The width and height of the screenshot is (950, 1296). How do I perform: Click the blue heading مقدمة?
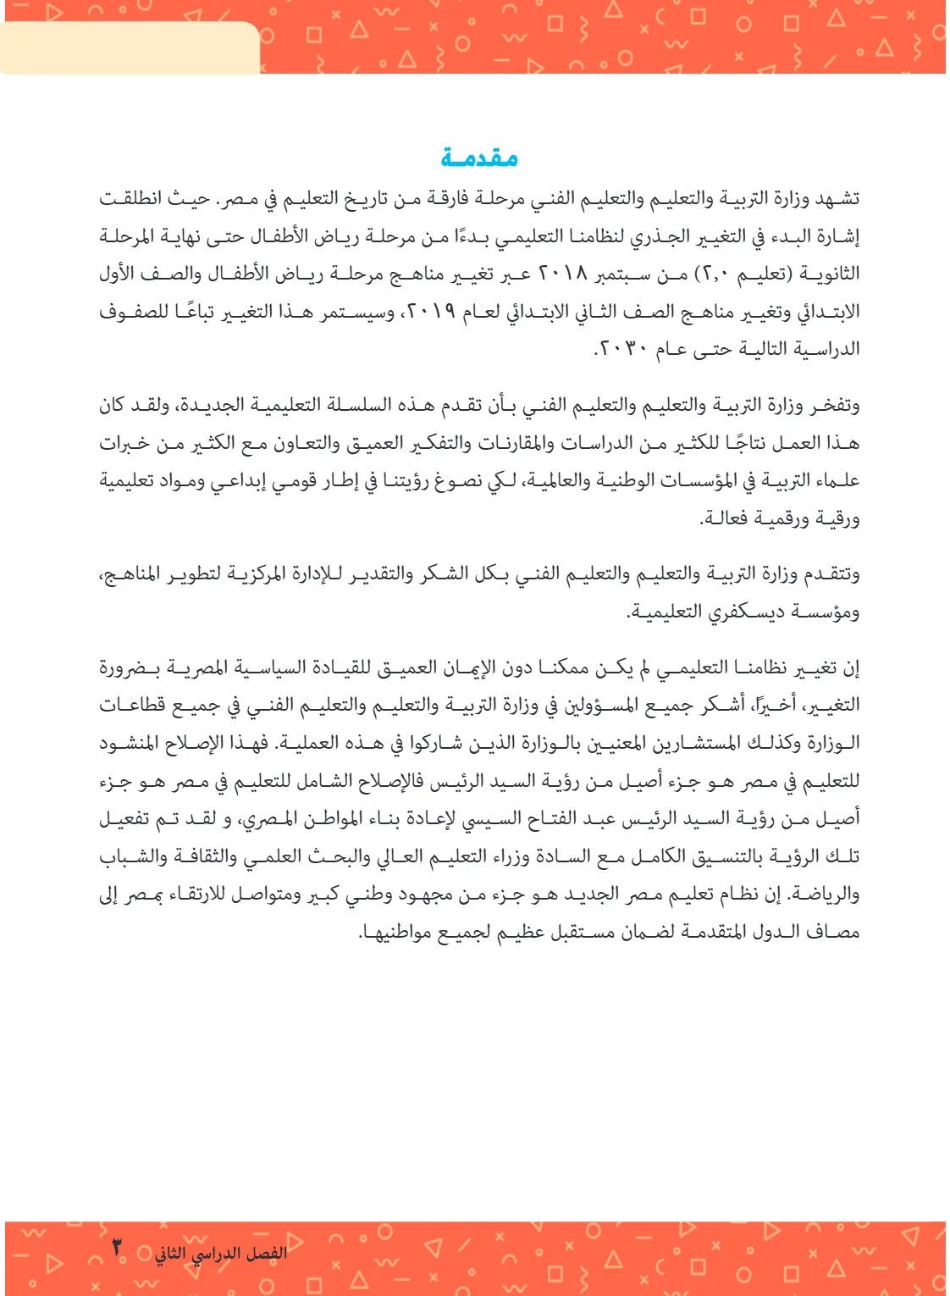tap(478, 158)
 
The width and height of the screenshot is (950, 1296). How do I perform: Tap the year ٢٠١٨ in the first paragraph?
tap(562, 274)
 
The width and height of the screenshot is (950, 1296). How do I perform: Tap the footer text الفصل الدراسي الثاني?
tap(221, 1253)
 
